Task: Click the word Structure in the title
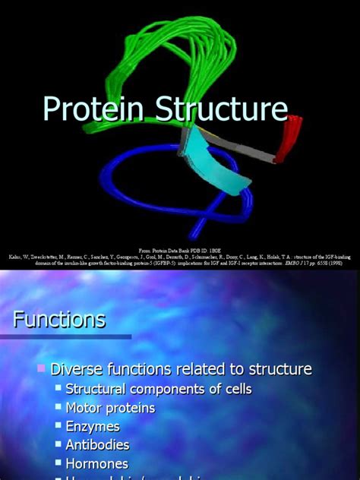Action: click(220, 109)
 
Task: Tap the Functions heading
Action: click(59, 320)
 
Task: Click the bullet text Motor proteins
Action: click(111, 408)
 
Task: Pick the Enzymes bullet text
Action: click(93, 426)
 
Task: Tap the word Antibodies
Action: click(98, 444)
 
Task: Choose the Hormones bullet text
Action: click(97, 463)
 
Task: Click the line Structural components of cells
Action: click(158, 389)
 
